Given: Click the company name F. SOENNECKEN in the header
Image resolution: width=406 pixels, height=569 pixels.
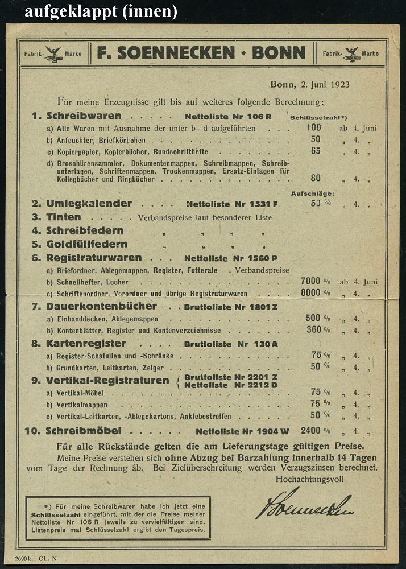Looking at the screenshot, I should click(165, 53).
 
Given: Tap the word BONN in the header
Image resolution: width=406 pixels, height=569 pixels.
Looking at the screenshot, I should click(279, 53).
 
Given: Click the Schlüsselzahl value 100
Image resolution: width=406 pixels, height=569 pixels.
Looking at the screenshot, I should click(313, 127).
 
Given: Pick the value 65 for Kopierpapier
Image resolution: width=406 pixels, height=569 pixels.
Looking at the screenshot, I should click(316, 151).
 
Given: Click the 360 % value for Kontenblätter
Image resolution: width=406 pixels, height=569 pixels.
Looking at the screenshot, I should click(317, 329).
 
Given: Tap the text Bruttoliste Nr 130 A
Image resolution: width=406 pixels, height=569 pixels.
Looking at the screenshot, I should click(231, 344).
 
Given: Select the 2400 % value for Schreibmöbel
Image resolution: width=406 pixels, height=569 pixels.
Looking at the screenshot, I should click(317, 430).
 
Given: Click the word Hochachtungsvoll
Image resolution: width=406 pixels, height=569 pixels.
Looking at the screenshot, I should click(309, 479).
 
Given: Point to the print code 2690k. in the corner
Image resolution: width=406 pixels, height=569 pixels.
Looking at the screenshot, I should click(24, 558).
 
